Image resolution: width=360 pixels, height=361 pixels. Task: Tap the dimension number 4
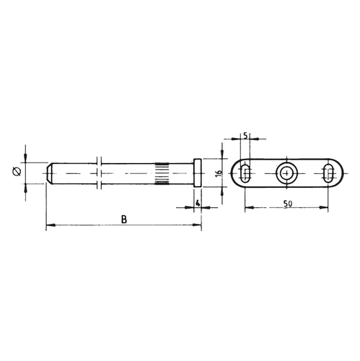click(198, 204)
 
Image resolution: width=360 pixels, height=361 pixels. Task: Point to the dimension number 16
click(216, 174)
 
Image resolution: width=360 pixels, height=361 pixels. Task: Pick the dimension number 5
click(246, 135)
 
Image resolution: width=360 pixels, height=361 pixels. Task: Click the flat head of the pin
click(198, 174)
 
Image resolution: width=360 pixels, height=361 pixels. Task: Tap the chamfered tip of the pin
click(49, 174)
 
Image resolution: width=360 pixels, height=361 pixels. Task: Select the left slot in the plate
click(246, 174)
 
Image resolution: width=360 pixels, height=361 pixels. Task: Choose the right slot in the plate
click(328, 174)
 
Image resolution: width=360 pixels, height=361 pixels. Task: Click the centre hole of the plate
click(286, 174)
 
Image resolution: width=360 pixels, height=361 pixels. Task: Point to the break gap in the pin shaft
click(99, 174)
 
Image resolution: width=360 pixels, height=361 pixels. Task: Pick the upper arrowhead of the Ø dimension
click(26, 160)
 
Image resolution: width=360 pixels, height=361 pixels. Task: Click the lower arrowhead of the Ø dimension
click(26, 187)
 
